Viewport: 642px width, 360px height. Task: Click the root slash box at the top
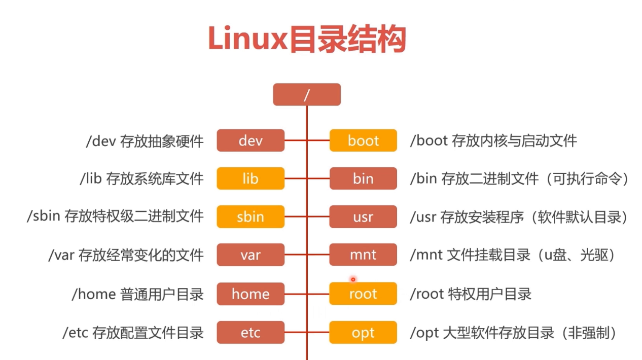tap(306, 95)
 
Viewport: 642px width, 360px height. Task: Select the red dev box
tap(251, 140)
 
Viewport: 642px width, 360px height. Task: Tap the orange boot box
tap(363, 140)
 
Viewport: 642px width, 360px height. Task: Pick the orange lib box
tap(251, 178)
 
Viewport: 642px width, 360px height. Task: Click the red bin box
tap(363, 178)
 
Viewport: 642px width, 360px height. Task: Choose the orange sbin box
tap(251, 217)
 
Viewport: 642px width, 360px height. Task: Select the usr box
tap(363, 217)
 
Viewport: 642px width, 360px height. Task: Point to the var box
tap(251, 255)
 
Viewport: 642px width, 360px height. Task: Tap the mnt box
tap(363, 255)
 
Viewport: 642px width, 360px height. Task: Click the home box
tap(251, 294)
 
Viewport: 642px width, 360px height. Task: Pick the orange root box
tap(363, 294)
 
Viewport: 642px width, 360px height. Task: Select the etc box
tap(251, 333)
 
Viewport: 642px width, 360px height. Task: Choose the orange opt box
tap(363, 333)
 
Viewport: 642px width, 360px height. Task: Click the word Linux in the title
tap(248, 39)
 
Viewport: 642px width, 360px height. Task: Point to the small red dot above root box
tap(353, 279)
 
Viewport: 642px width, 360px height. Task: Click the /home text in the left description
tap(94, 294)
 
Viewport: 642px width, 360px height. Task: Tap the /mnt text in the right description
tap(426, 255)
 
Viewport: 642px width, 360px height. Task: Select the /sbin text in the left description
tap(44, 217)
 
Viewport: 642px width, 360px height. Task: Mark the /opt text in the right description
tap(424, 333)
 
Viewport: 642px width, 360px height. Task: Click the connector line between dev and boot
tap(296, 140)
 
